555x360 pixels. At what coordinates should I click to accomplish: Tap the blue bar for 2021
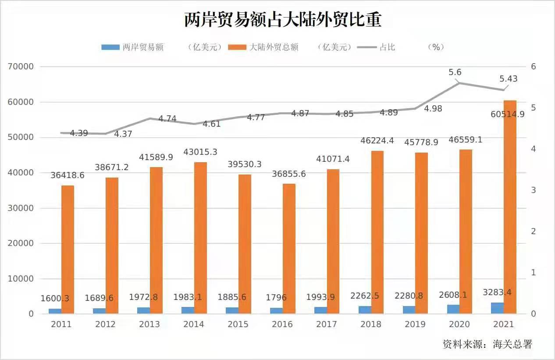tap(497, 308)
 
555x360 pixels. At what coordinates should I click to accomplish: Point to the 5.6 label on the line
tap(455, 72)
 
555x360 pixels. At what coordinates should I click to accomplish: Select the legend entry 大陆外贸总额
tap(274, 47)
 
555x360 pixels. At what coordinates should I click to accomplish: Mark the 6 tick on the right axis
tap(534, 67)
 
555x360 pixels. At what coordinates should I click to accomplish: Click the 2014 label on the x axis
tap(194, 324)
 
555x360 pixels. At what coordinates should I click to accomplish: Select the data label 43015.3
tap(194, 152)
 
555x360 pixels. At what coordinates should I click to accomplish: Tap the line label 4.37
tap(123, 134)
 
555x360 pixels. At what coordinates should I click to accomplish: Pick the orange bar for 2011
tap(68, 250)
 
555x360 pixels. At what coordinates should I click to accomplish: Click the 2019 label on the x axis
tap(415, 324)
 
